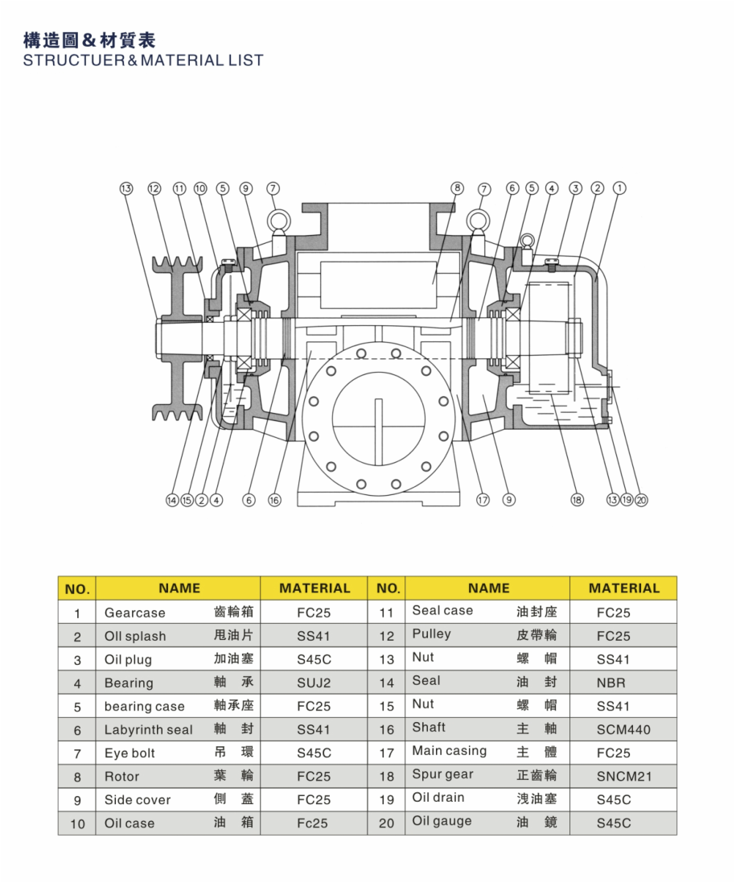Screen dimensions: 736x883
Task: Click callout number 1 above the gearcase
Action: (x=619, y=188)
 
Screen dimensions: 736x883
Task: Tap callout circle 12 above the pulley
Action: (x=154, y=188)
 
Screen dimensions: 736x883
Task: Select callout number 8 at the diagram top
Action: (x=457, y=188)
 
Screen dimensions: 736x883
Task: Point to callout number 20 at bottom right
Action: (x=641, y=500)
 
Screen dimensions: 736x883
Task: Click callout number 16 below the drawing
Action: (x=274, y=500)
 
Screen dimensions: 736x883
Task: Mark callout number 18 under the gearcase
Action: (x=577, y=500)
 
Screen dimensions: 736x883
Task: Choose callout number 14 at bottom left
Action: (x=172, y=500)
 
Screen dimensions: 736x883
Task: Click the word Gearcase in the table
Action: (x=134, y=613)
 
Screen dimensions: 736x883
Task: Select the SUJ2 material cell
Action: (x=314, y=683)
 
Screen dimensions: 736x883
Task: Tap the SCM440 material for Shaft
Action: (x=623, y=730)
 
